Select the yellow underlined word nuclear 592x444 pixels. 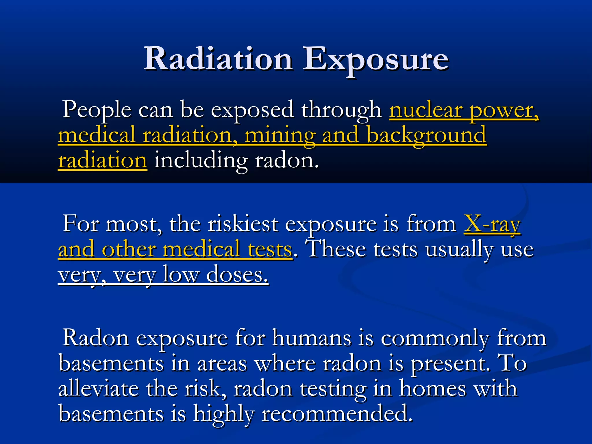click(426, 110)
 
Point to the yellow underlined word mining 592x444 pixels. click(280, 135)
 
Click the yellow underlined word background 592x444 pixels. click(427, 135)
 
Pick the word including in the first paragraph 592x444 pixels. click(201, 160)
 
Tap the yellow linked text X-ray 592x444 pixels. click(492, 224)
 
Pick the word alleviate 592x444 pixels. click(98, 388)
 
